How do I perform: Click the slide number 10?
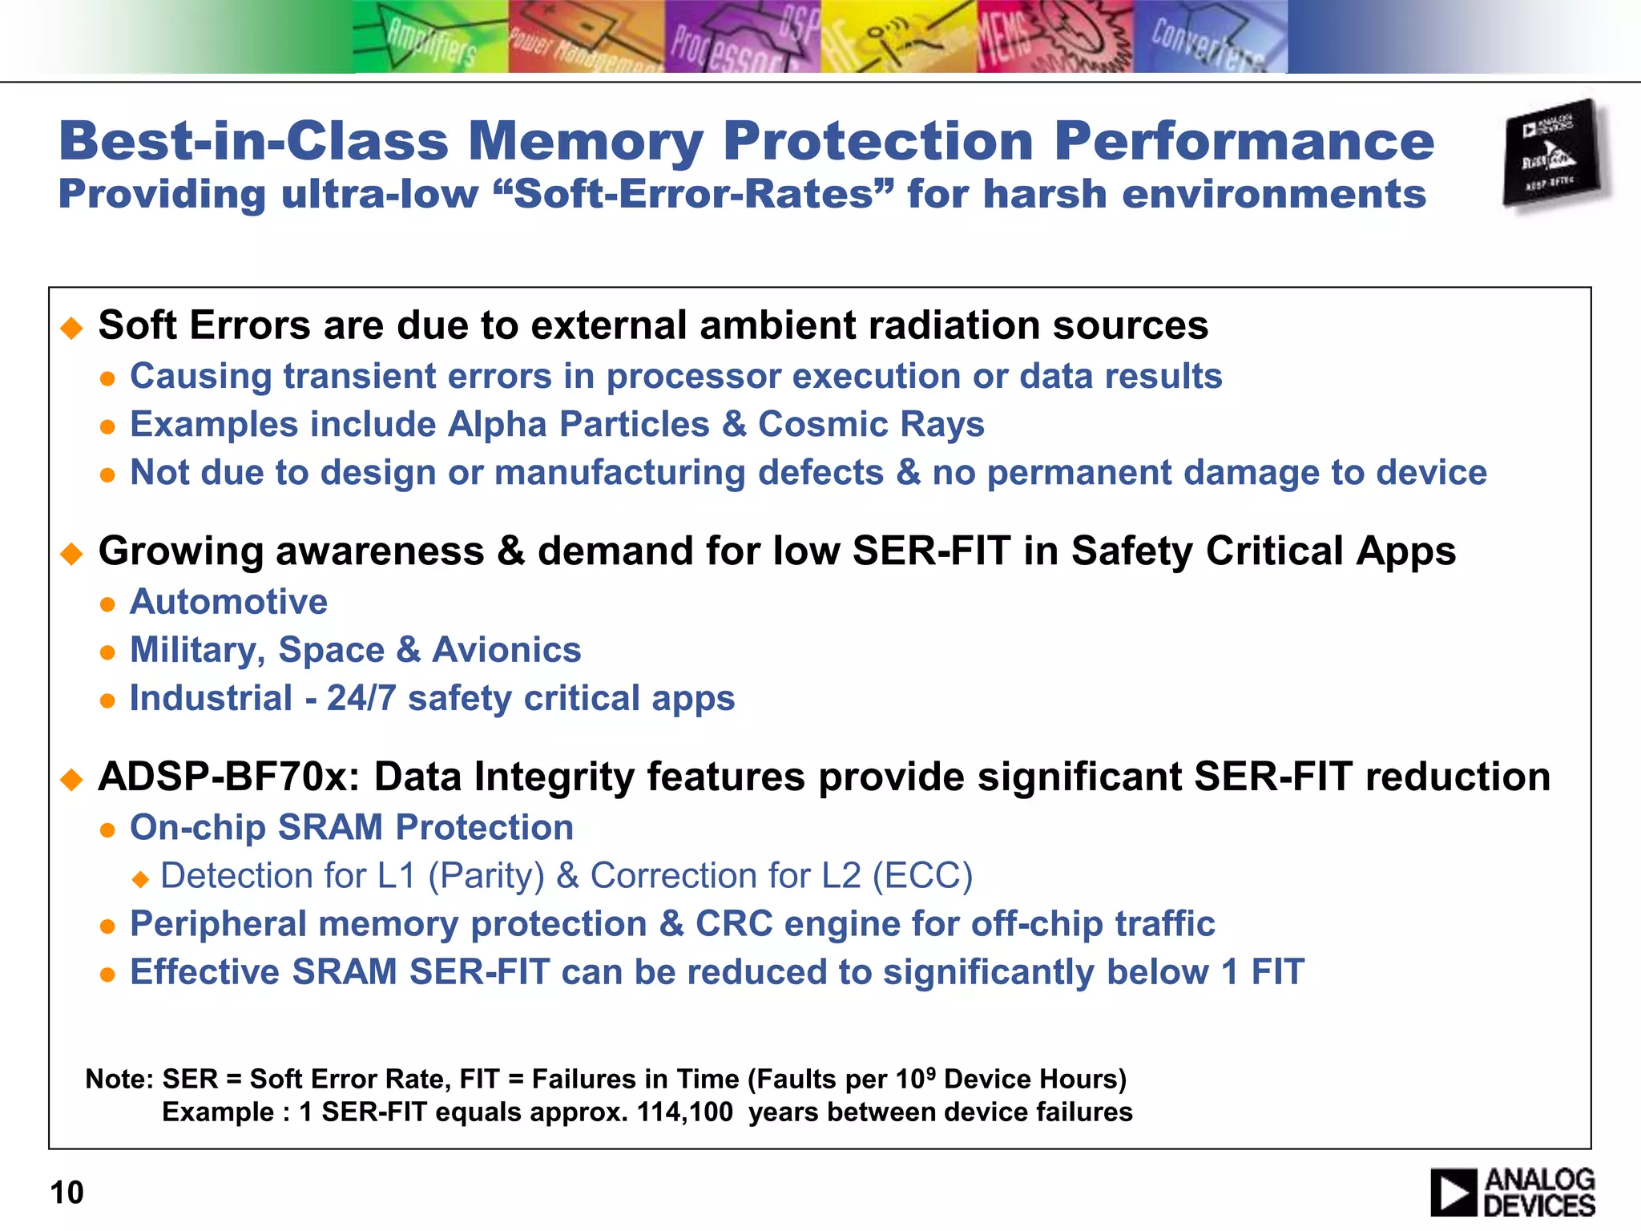[67, 1193]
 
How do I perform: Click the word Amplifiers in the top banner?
[432, 44]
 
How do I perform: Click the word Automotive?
[228, 602]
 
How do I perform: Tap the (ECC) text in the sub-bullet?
[922, 876]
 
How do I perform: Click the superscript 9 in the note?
[930, 1071]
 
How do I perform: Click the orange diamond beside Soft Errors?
[72, 327]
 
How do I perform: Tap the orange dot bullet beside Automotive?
[107, 604]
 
